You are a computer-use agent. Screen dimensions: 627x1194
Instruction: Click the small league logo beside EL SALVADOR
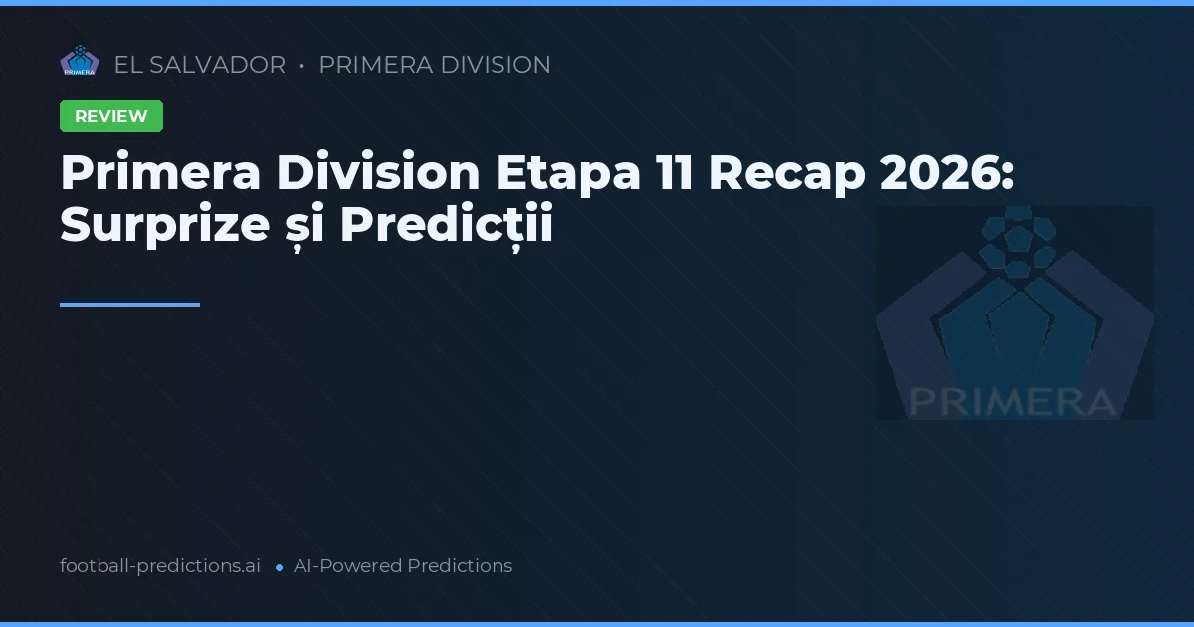(80, 62)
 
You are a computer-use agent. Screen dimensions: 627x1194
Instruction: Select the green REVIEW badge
(111, 116)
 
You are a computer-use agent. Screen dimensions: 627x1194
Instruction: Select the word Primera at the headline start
(160, 173)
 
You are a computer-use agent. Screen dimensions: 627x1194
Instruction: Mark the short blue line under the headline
(129, 305)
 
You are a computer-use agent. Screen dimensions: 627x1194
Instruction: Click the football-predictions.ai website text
(160, 566)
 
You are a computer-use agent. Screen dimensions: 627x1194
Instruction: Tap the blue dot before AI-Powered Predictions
(280, 567)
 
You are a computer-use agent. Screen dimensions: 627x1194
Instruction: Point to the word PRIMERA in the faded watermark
(1012, 401)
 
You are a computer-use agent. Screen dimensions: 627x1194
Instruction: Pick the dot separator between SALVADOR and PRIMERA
(301, 66)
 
